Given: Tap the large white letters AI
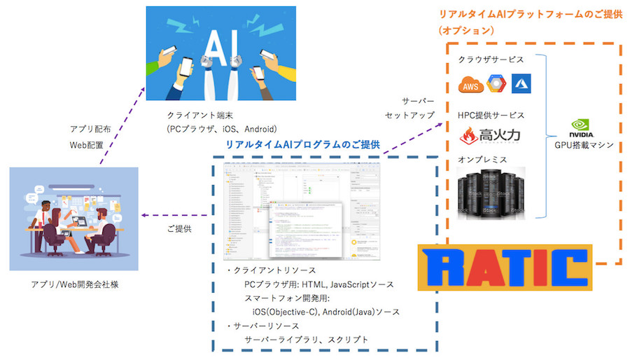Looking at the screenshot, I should [x=213, y=48].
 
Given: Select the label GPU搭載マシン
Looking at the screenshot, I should [x=583, y=146].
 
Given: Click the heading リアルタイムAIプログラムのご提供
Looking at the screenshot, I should [x=302, y=144].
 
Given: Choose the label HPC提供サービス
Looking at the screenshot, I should [x=491, y=115].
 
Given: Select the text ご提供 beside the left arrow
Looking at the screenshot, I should [x=178, y=228].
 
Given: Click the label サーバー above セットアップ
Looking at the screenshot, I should [x=418, y=101].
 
